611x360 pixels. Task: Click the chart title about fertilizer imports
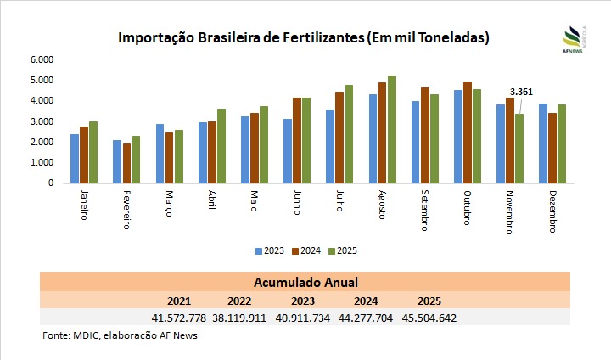[x=304, y=38]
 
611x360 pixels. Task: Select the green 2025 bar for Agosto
[x=392, y=129]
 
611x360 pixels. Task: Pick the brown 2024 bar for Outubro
[x=468, y=132]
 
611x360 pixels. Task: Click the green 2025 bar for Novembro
[x=519, y=149]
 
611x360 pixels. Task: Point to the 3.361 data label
[x=520, y=92]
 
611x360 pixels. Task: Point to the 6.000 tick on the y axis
[x=42, y=59]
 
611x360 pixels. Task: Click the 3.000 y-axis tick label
[x=42, y=121]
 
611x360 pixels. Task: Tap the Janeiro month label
[x=84, y=204]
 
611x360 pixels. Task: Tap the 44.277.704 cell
[x=367, y=318]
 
